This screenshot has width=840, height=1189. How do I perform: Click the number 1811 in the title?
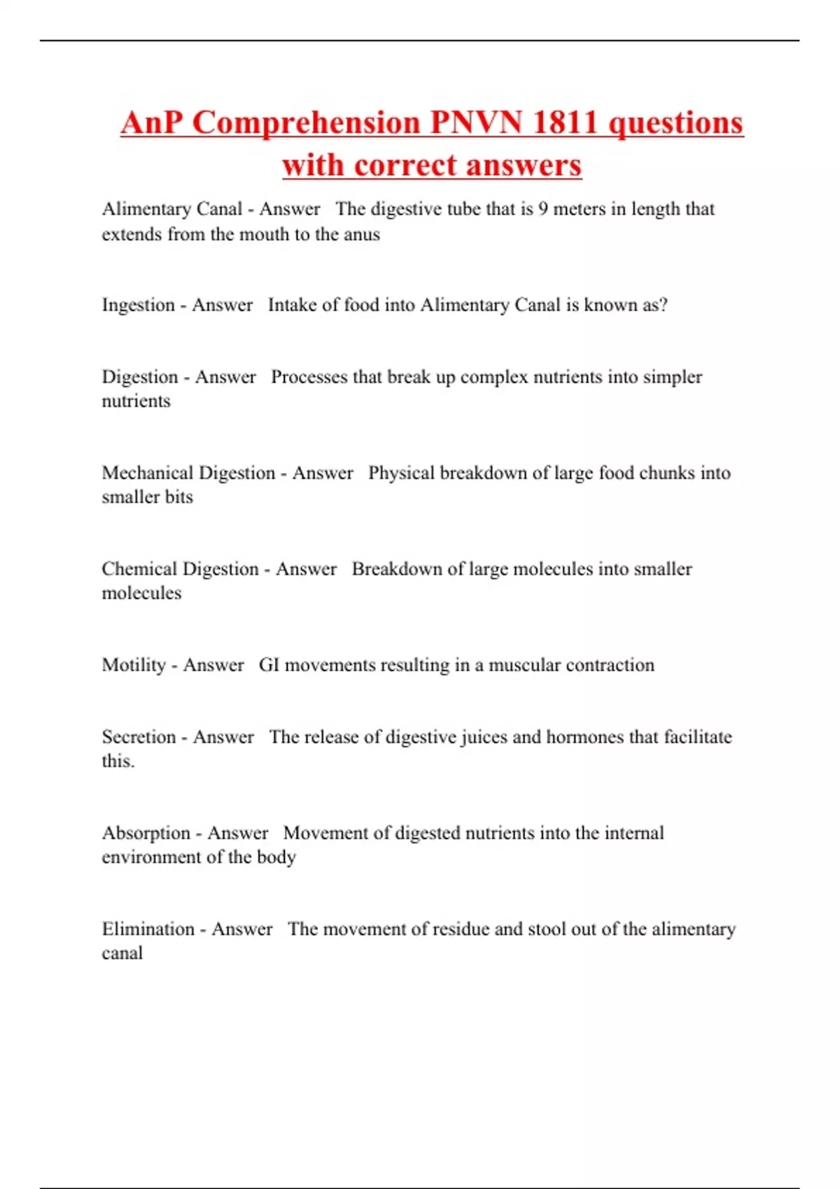pyautogui.click(x=563, y=123)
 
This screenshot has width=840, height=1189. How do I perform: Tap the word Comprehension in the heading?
pyautogui.click(x=306, y=123)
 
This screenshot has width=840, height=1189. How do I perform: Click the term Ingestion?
pyautogui.click(x=138, y=306)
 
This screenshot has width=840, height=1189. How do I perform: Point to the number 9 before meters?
pyautogui.click(x=543, y=209)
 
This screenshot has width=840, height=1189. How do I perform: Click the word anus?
pyautogui.click(x=362, y=234)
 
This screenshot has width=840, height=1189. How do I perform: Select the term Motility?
pyautogui.click(x=134, y=665)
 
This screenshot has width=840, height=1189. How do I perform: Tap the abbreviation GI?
pyautogui.click(x=269, y=665)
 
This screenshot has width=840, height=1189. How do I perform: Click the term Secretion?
pyautogui.click(x=139, y=737)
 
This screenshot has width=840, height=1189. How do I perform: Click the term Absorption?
pyautogui.click(x=146, y=833)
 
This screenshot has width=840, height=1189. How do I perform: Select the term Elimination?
pyautogui.click(x=148, y=930)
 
